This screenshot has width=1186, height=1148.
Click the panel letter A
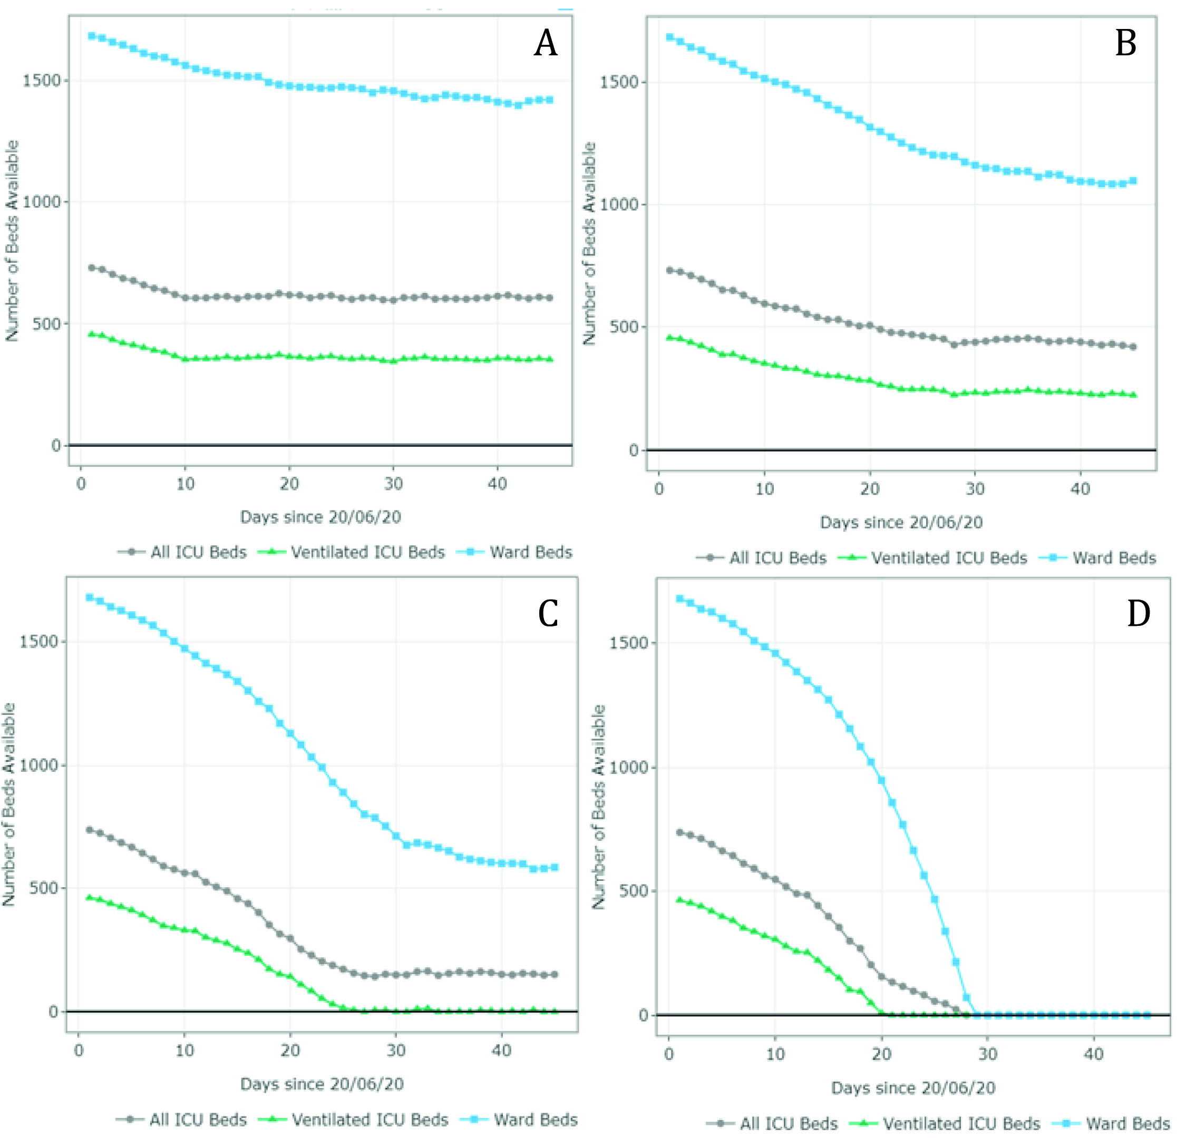click(545, 44)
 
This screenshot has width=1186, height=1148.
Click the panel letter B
click(1126, 44)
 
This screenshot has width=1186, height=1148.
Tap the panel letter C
click(548, 614)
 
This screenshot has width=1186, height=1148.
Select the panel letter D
click(1138, 614)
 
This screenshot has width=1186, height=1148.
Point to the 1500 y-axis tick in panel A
click(42, 81)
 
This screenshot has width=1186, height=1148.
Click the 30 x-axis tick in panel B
click(975, 489)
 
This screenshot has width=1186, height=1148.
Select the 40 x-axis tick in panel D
click(1093, 1054)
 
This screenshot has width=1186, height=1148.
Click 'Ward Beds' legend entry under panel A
click(530, 552)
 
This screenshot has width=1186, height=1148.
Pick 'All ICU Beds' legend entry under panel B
click(777, 558)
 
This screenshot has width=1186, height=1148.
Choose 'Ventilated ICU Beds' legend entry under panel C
click(370, 1120)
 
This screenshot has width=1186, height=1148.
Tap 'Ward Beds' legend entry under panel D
click(1127, 1124)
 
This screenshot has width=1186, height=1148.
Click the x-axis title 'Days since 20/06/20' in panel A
click(320, 517)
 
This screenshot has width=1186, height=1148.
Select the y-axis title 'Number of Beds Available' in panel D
click(598, 807)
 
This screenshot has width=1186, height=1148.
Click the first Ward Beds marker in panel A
click(91, 36)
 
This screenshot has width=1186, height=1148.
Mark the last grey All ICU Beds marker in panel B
click(1133, 347)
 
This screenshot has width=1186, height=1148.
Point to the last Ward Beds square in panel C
click(555, 867)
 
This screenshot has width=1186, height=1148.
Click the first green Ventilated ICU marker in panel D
click(679, 900)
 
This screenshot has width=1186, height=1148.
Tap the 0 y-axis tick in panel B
click(634, 450)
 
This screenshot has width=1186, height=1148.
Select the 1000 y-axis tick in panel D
click(628, 767)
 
